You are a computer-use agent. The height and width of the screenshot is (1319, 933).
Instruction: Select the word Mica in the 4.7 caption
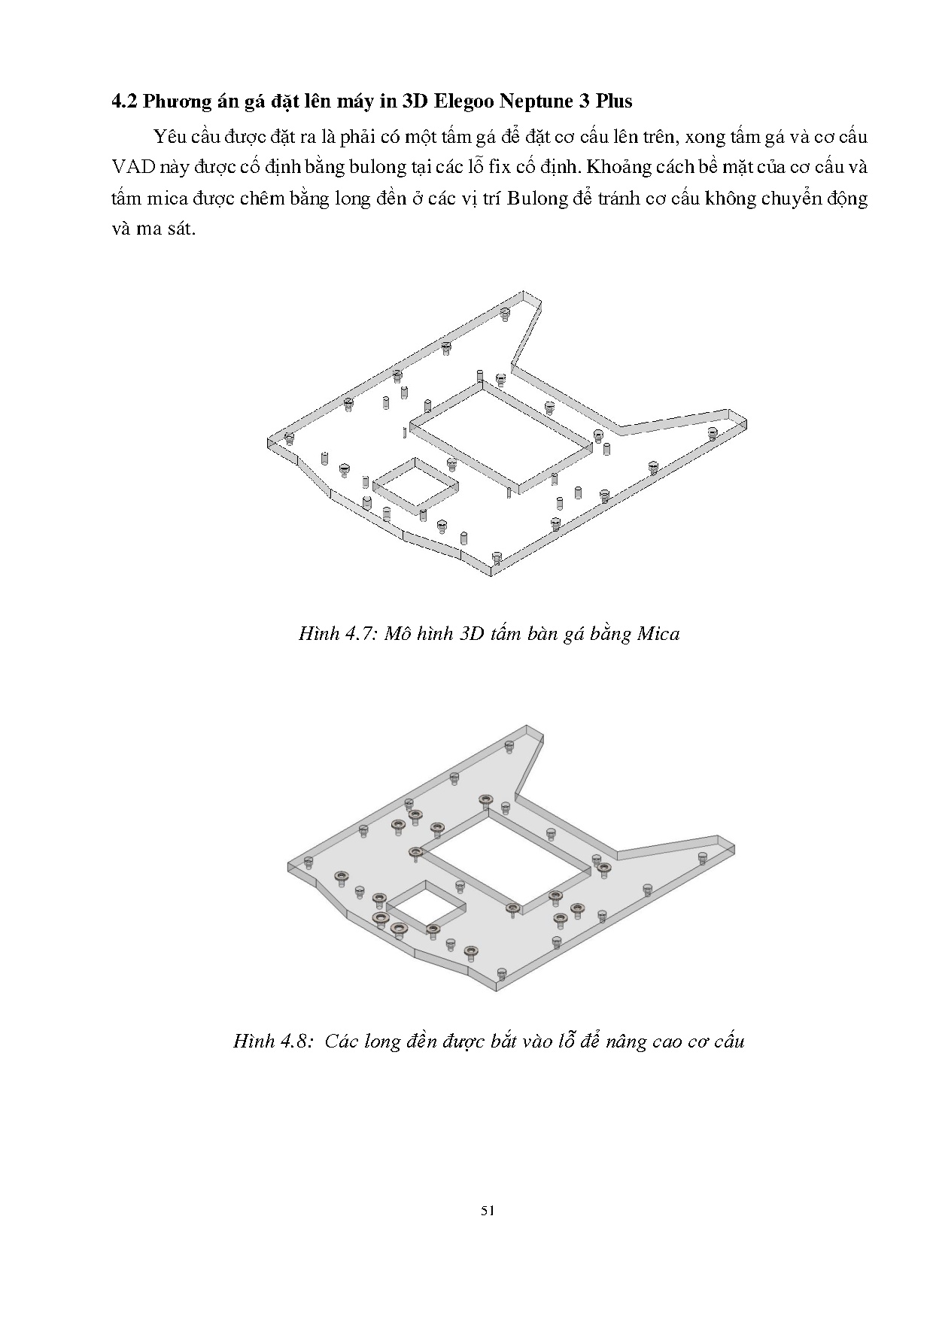tap(658, 634)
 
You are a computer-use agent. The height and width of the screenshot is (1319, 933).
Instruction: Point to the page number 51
tap(487, 1211)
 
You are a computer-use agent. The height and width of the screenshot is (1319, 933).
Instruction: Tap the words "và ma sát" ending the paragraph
tap(153, 229)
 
